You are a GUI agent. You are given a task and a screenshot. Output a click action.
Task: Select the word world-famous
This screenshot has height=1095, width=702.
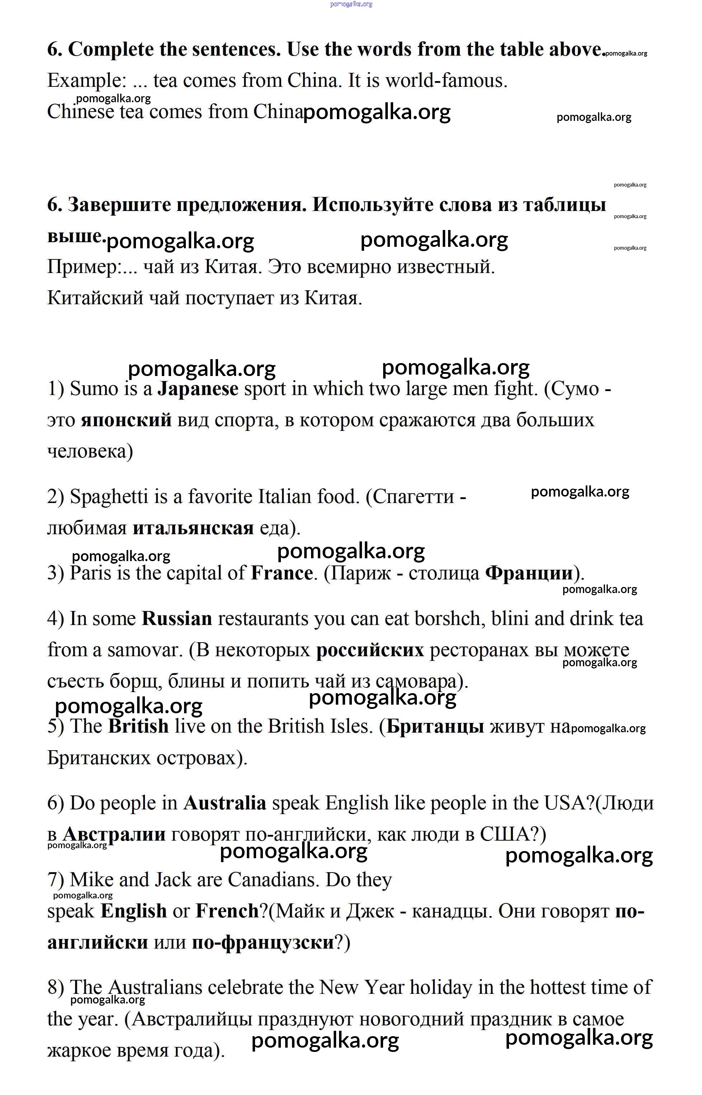pos(446,81)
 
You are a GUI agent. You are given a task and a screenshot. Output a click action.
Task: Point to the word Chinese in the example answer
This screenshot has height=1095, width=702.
pos(80,112)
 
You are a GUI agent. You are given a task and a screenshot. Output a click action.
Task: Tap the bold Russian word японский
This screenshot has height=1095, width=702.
pos(126,420)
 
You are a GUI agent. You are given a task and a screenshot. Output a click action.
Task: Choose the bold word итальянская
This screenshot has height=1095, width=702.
pos(193,528)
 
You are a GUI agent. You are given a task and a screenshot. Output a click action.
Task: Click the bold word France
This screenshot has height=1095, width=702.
pos(282,573)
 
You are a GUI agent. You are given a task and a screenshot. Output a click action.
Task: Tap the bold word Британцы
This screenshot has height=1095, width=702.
pos(435,726)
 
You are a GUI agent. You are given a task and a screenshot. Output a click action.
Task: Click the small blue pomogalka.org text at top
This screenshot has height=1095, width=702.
pos(351,4)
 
